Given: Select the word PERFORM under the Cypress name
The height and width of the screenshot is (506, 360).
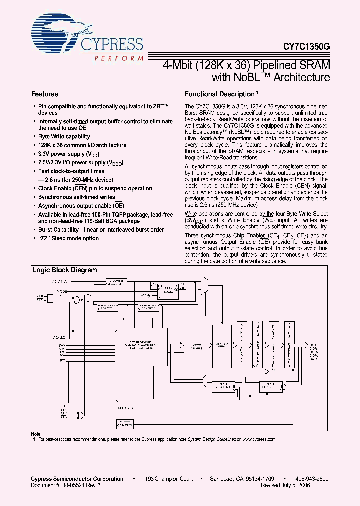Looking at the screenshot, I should pos(118,58).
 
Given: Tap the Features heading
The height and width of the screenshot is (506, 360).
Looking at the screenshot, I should pos(45,94).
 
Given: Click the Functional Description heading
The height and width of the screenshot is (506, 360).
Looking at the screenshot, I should pos(220,94).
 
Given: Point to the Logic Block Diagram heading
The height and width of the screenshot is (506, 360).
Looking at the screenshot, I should pos(65,270).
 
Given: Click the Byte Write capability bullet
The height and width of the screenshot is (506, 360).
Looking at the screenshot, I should pos(64,136).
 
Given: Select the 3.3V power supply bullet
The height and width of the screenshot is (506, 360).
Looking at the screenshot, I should pos(68,154).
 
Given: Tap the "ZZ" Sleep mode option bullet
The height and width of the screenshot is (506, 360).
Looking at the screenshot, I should pos(68,238).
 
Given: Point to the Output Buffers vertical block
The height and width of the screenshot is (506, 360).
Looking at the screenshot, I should pos(290,345).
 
